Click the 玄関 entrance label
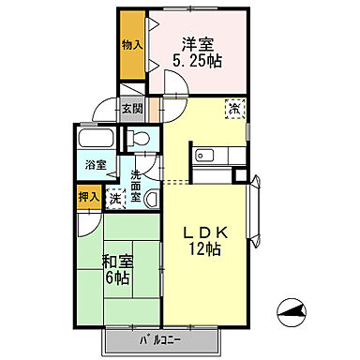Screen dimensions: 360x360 click(132, 108)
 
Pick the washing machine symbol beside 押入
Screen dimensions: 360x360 click(113, 197)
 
